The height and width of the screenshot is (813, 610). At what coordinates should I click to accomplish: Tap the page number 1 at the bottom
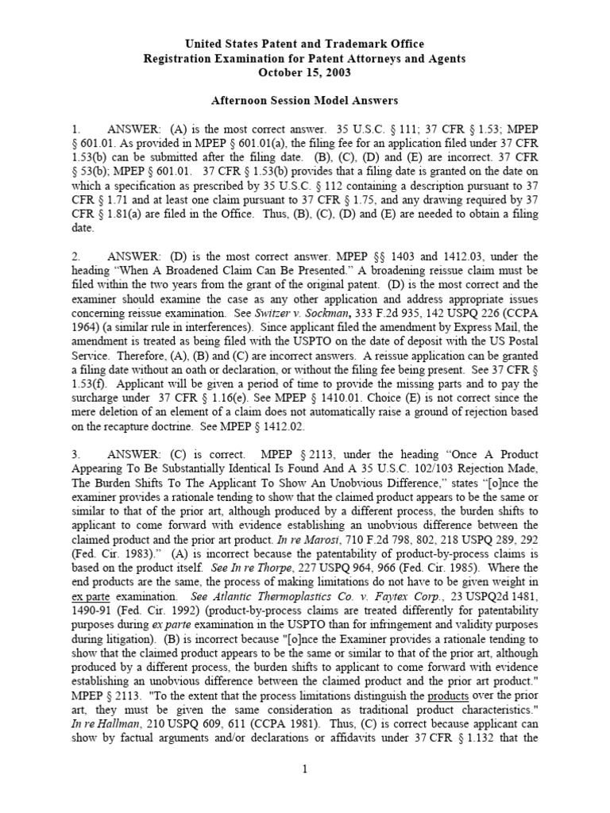click(305, 769)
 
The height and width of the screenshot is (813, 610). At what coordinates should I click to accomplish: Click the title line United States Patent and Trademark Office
click(305, 44)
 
